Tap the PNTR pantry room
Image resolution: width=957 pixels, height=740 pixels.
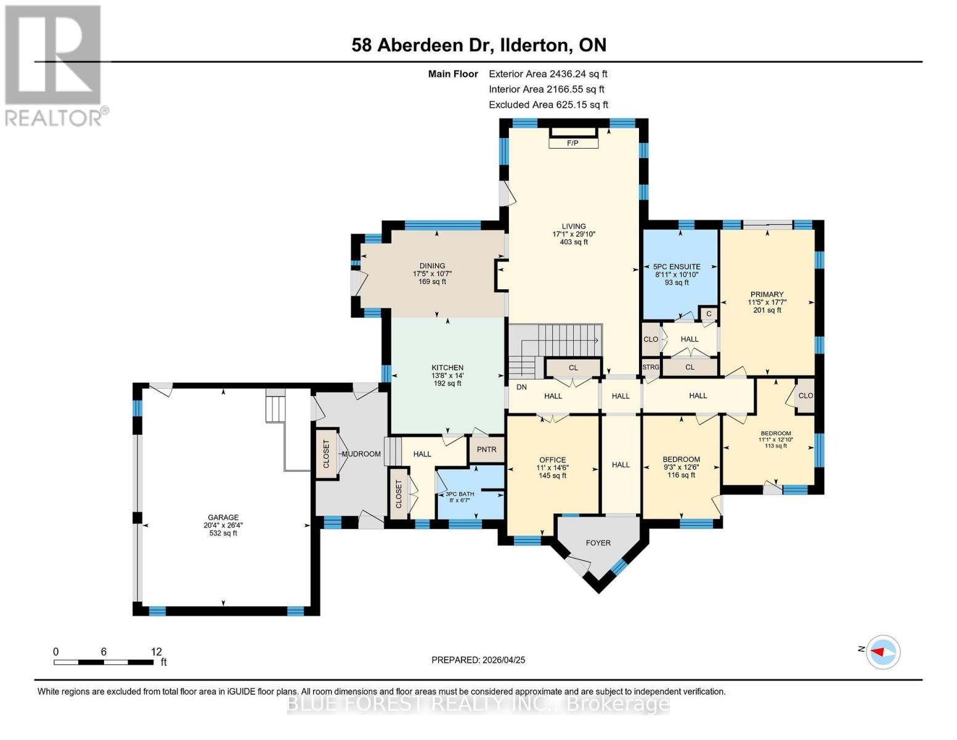pos(486,450)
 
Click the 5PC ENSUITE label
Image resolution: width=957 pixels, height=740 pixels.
pos(677,267)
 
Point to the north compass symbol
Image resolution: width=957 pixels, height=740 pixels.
pos(883,651)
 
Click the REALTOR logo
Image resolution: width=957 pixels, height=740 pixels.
pos(54,65)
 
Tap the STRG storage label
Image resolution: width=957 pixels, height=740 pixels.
pos(651,367)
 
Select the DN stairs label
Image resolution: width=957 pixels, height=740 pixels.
pos(521,387)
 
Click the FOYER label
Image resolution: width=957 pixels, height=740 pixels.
pos(598,543)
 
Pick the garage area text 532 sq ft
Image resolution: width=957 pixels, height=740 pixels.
pos(223,533)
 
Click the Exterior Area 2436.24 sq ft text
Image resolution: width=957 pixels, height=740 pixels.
pos(548,73)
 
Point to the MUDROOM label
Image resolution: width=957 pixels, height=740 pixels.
pos(361,454)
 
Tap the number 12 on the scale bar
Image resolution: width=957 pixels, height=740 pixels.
pos(156,652)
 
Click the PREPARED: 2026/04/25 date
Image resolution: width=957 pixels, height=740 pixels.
pos(478,660)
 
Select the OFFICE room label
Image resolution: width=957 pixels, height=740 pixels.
pos(552,459)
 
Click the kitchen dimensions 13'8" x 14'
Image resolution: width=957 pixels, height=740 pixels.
pos(447,376)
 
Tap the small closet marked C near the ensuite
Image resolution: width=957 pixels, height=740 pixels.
pos(709,314)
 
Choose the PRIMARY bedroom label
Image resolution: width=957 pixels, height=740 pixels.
pos(767,294)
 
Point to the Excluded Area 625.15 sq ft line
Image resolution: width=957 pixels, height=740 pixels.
pos(548,105)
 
